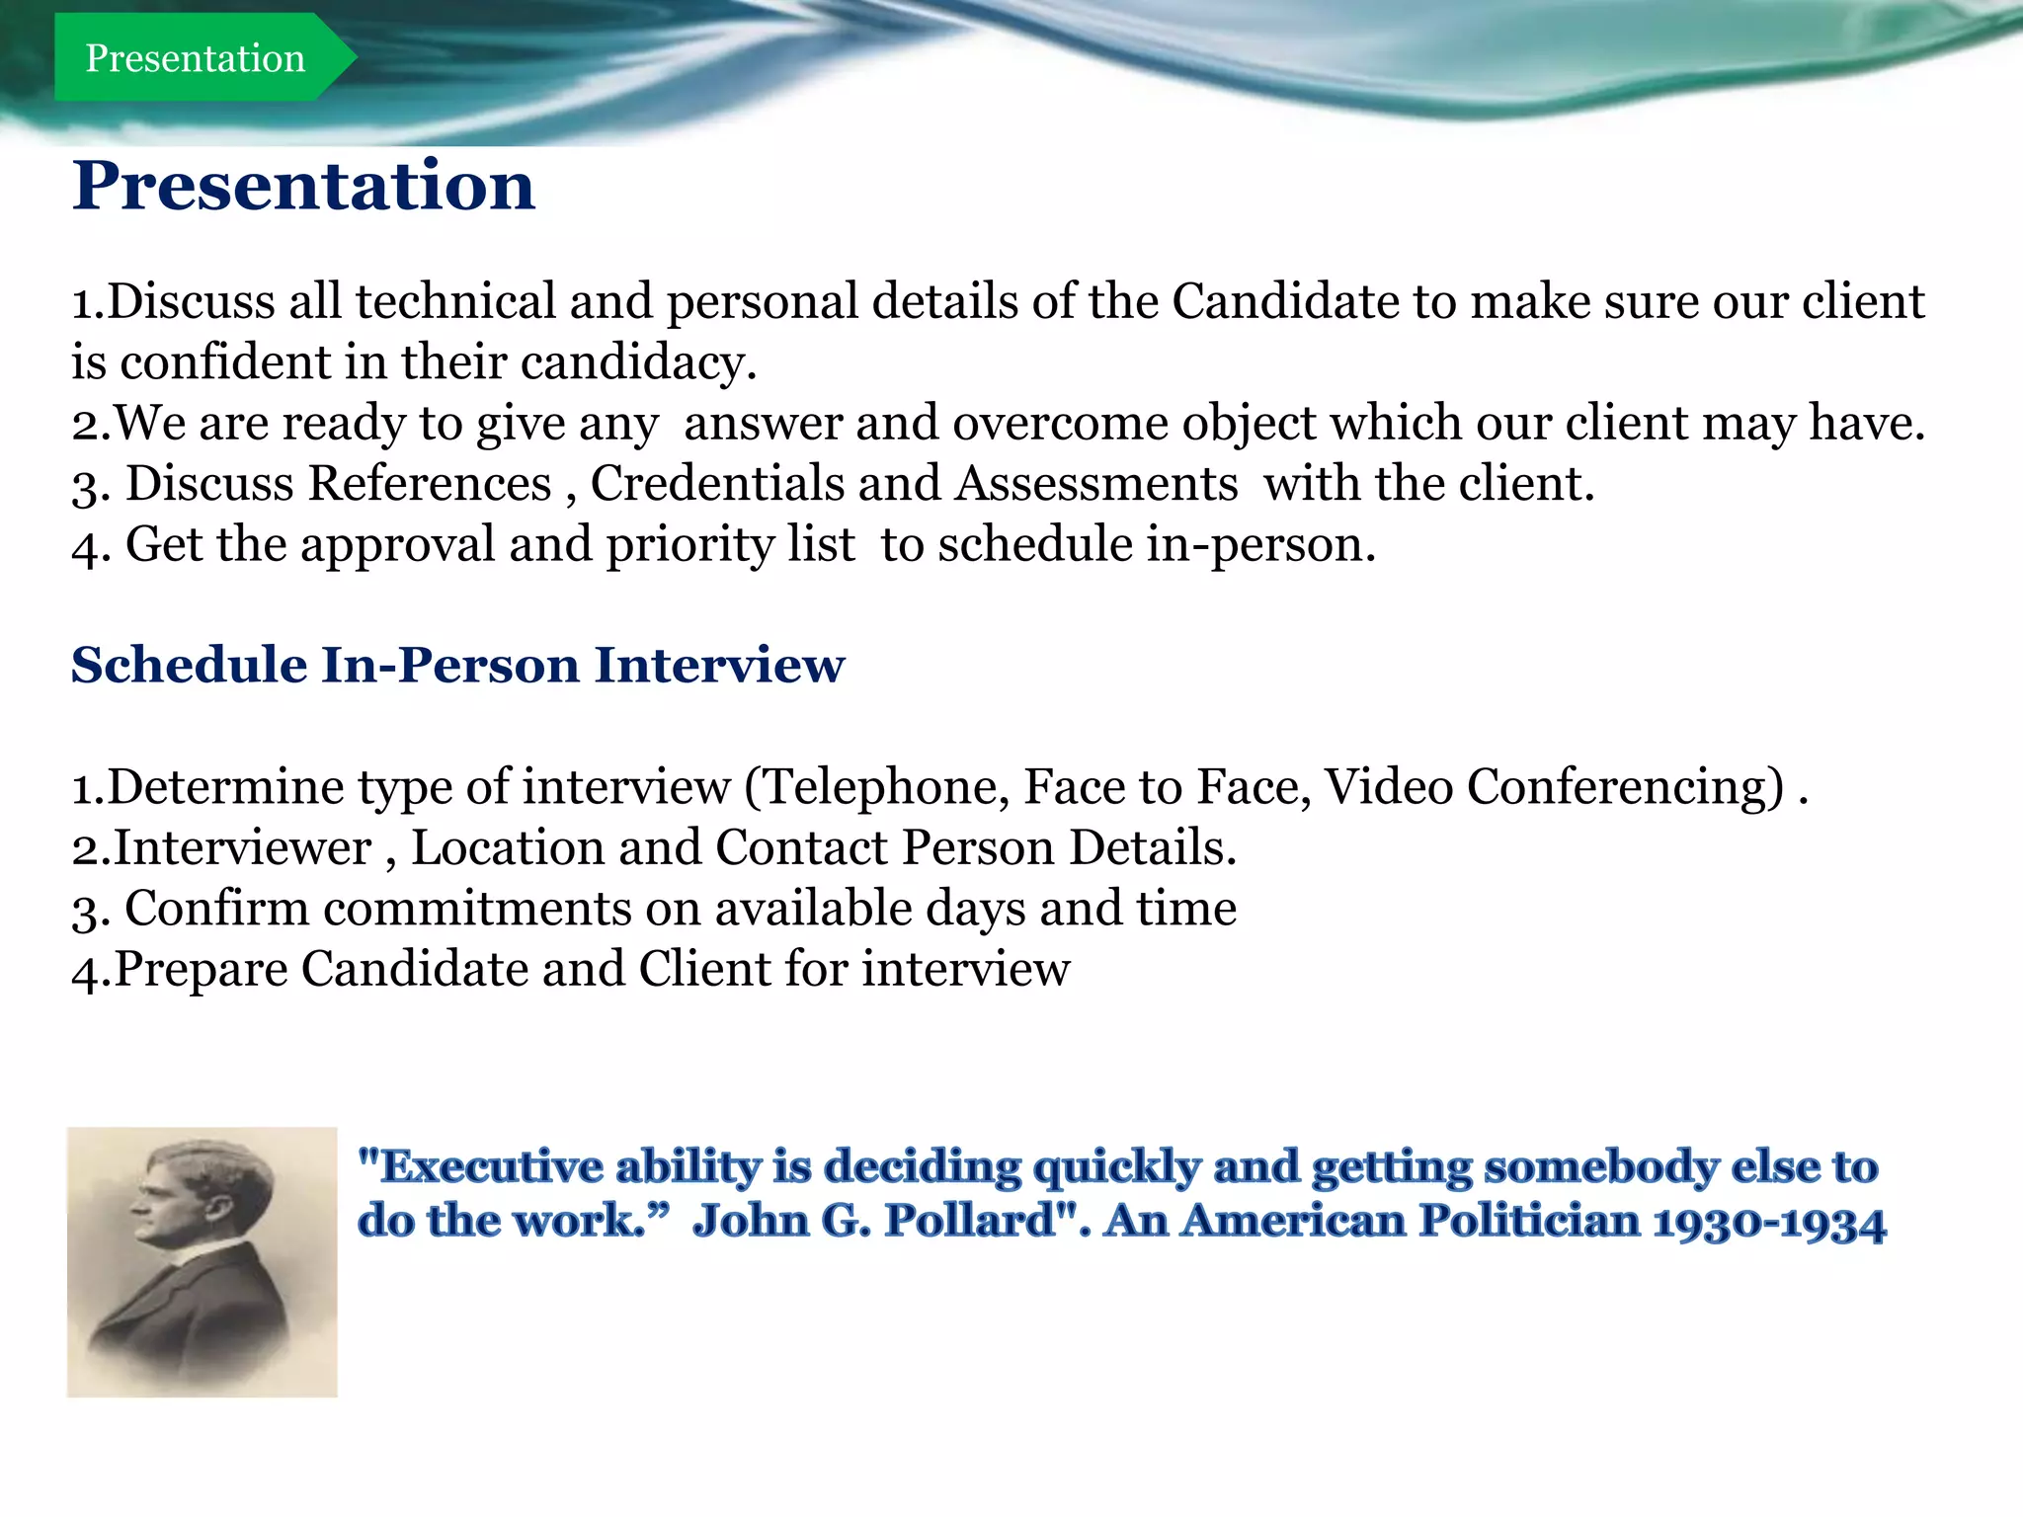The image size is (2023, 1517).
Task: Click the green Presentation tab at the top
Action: click(196, 58)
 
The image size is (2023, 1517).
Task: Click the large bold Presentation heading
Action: click(303, 186)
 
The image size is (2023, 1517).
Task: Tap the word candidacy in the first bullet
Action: click(638, 362)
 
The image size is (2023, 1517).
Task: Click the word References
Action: click(430, 484)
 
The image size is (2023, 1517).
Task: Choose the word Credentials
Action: click(716, 484)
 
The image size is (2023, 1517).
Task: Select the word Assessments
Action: click(1096, 484)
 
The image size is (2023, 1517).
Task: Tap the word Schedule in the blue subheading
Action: click(189, 665)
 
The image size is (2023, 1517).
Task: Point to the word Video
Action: click(1388, 787)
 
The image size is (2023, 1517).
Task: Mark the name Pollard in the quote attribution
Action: click(970, 1221)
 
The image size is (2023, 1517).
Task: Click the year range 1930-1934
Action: click(1769, 1223)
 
